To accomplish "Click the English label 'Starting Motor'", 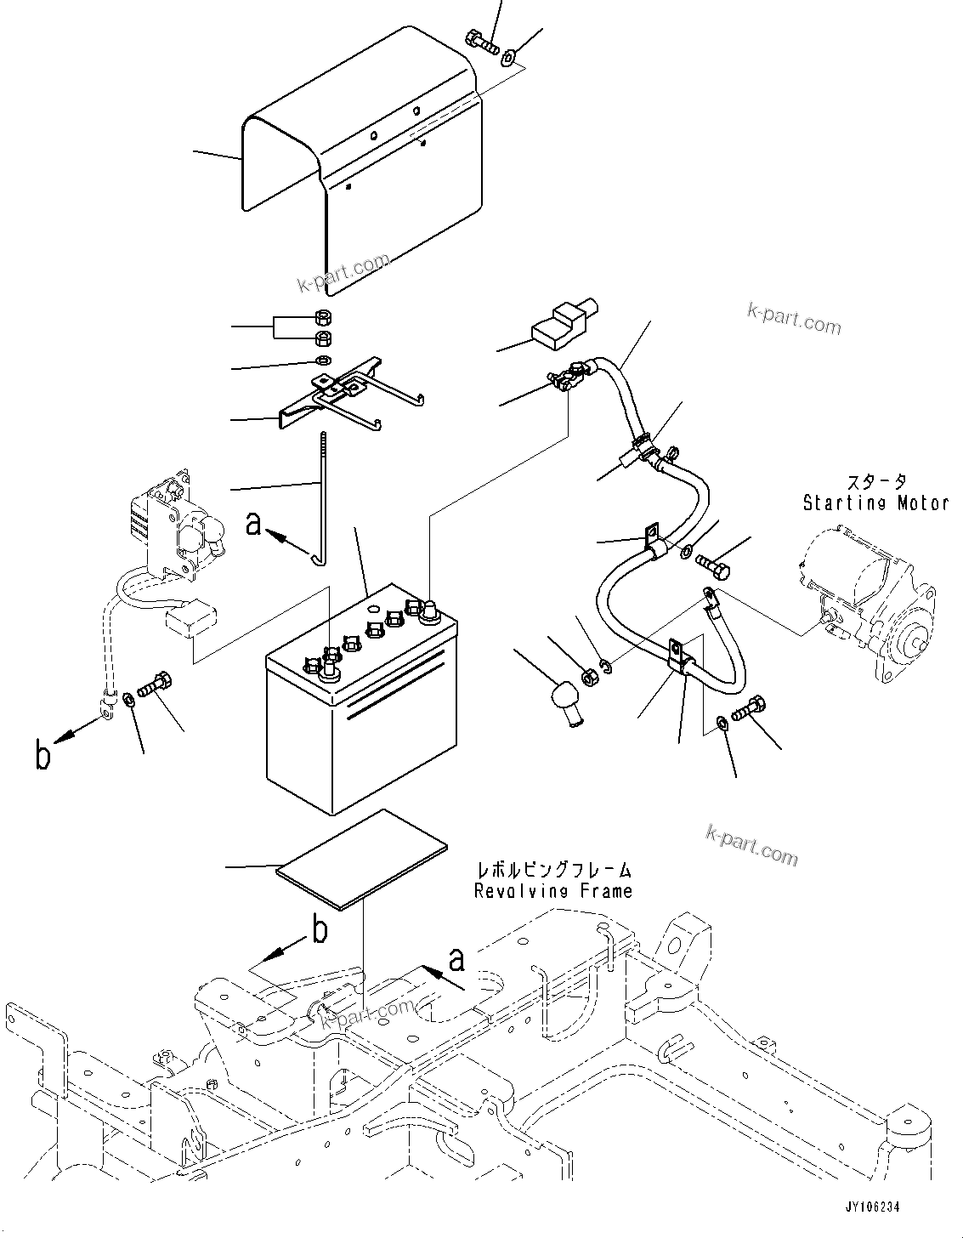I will (875, 503).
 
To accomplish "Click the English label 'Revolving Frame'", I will (553, 891).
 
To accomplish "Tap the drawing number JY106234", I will (872, 1207).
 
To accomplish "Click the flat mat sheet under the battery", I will (362, 859).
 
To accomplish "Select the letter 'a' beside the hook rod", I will (254, 525).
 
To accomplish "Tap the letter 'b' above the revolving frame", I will (320, 930).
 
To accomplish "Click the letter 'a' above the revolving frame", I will (457, 959).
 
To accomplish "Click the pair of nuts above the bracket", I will (323, 328).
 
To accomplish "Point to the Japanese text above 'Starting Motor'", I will (875, 482).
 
